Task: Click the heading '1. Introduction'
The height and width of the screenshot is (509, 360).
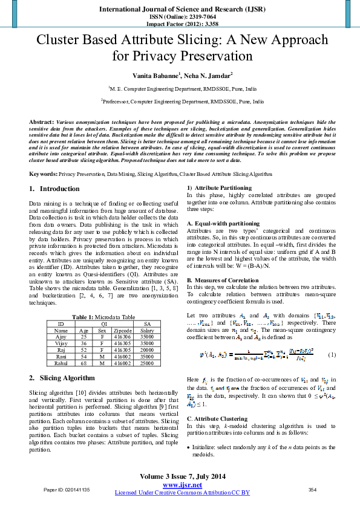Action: point(54,189)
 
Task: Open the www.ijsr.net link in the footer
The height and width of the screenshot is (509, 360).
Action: point(182,485)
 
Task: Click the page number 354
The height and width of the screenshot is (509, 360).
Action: point(312,489)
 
